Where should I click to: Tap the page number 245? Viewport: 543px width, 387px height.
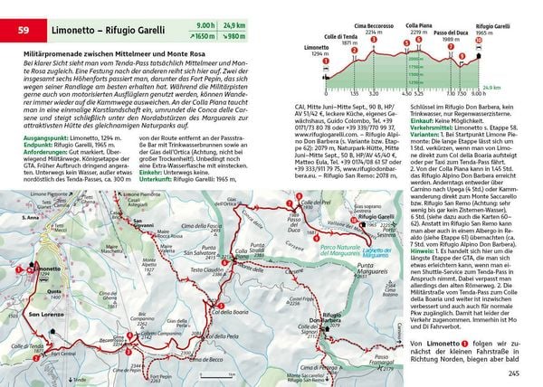tap(514, 373)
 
